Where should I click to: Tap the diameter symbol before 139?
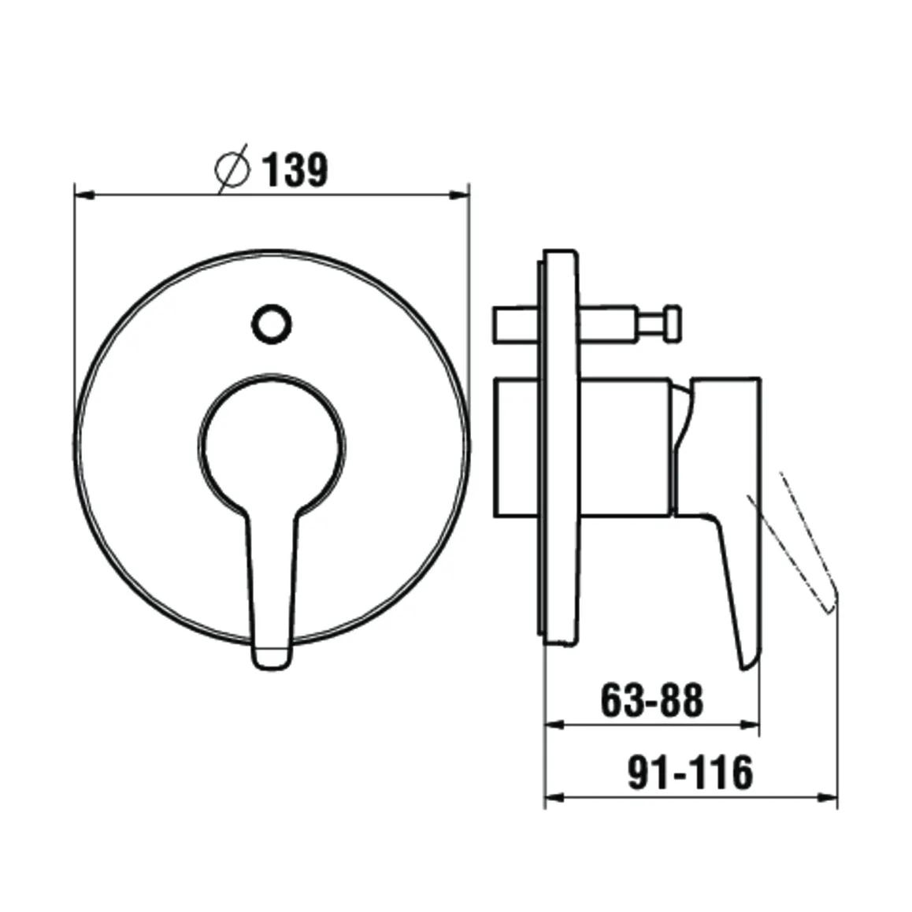click(232, 169)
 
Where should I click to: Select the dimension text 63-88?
click(651, 700)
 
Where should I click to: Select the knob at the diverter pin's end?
click(673, 324)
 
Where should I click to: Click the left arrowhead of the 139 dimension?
click(83, 192)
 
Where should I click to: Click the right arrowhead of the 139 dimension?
click(460, 192)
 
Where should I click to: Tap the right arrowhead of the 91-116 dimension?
click(828, 797)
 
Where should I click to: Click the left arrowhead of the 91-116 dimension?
click(554, 797)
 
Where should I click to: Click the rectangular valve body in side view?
click(583, 447)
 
